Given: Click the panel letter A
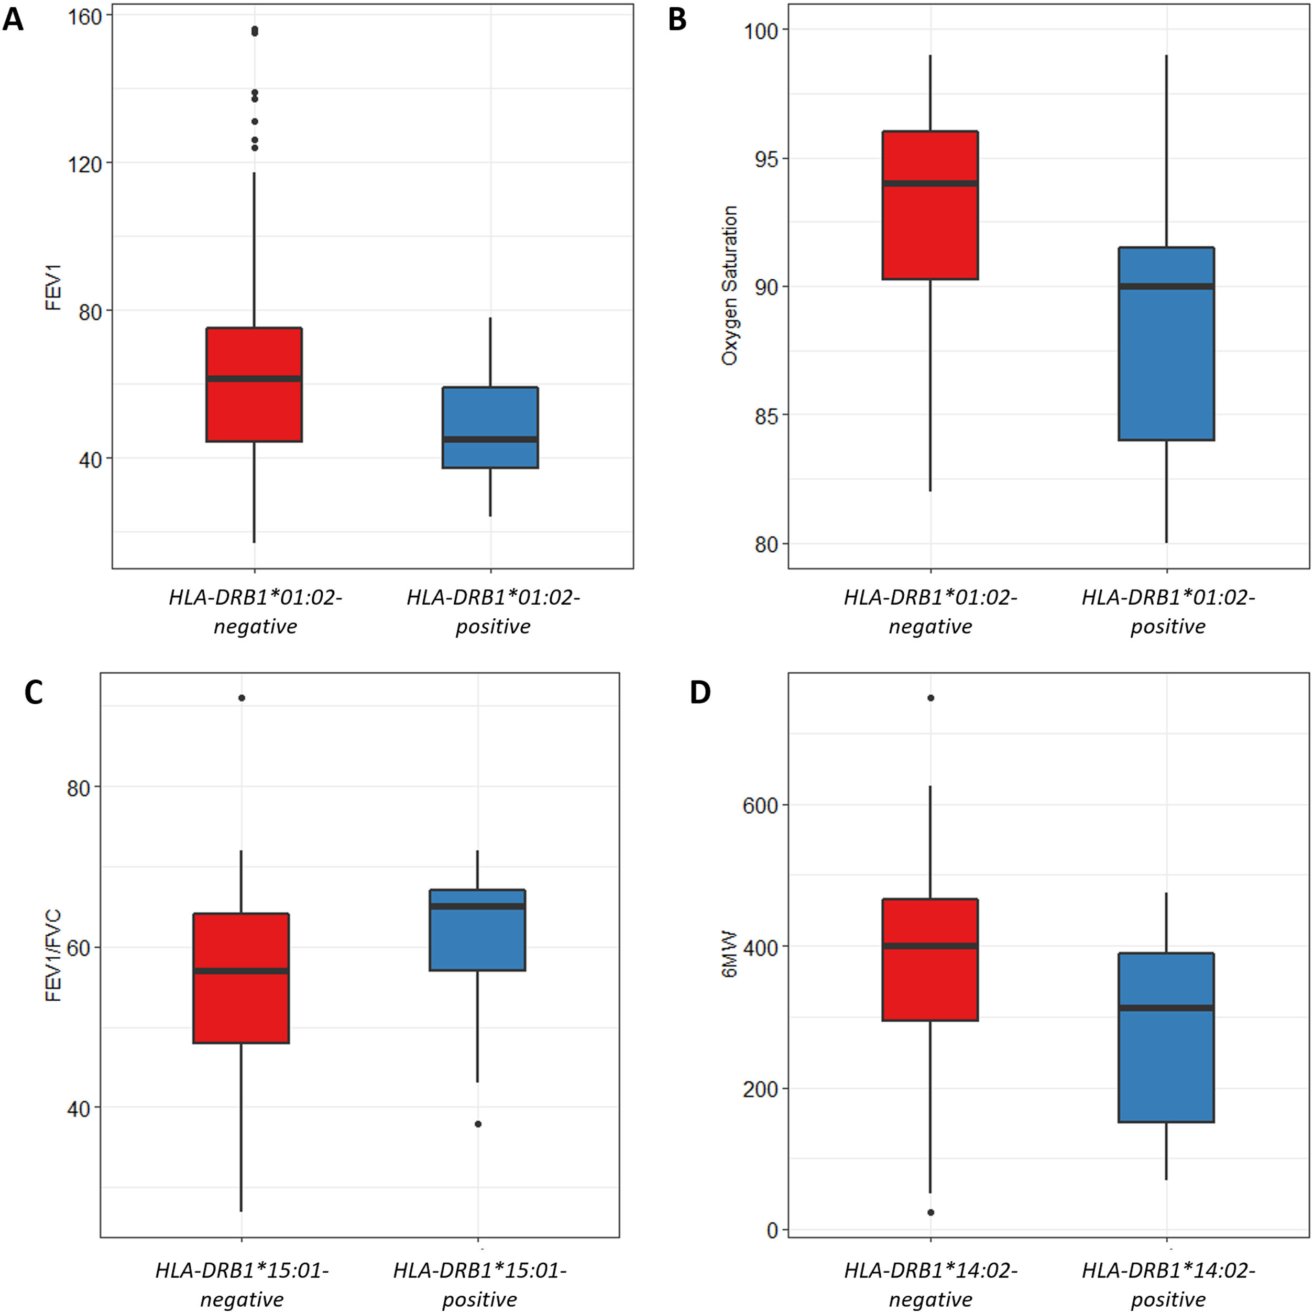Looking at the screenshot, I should click(13, 20).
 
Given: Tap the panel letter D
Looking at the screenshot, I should click(700, 692).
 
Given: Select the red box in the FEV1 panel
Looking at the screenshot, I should click(255, 385).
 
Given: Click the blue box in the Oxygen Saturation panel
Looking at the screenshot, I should click(1166, 344).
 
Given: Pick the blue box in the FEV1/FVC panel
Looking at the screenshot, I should click(477, 929).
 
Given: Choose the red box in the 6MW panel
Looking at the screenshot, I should click(930, 959).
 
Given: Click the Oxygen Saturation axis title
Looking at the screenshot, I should click(730, 286).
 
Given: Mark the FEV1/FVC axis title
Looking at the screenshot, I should click(53, 955).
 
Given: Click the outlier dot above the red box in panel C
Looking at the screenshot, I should click(242, 698).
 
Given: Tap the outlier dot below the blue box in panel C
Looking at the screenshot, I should click(478, 1124).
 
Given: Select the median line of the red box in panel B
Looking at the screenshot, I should click(930, 183).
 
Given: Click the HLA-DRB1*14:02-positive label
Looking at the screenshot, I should click(1168, 1284).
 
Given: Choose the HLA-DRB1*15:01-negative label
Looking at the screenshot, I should click(242, 1284).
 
